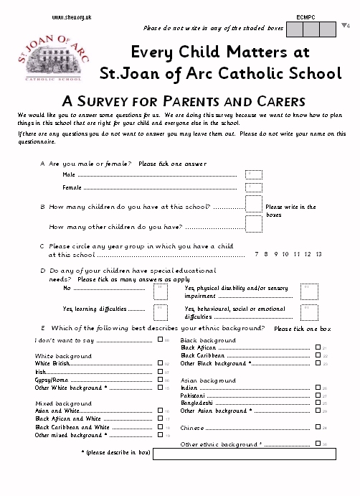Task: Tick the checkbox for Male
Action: point(254,174)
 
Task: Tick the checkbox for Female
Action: point(254,188)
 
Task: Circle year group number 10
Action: point(285,254)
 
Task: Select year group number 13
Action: point(318,254)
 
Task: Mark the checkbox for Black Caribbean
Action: point(318,355)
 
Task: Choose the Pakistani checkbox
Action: point(318,396)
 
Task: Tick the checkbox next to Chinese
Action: point(318,428)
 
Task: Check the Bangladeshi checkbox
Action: point(318,403)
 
